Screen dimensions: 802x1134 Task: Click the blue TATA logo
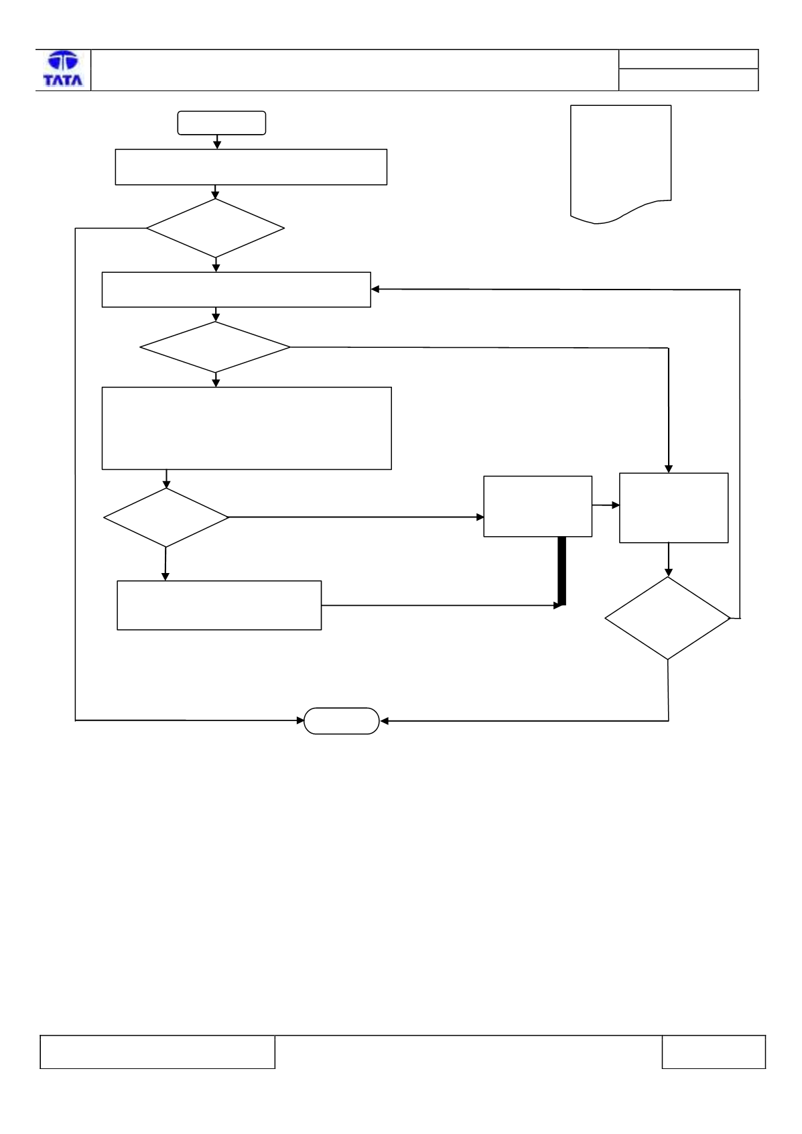tap(63, 69)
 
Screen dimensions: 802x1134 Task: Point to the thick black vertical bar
tap(561, 570)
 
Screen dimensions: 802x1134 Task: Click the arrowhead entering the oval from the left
tap(300, 720)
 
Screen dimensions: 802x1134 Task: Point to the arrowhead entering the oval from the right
tap(384, 721)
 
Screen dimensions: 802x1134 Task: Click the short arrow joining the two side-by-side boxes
tap(606, 505)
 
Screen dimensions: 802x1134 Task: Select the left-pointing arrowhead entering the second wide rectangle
tap(375, 289)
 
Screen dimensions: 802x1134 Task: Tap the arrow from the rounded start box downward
tap(217, 142)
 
